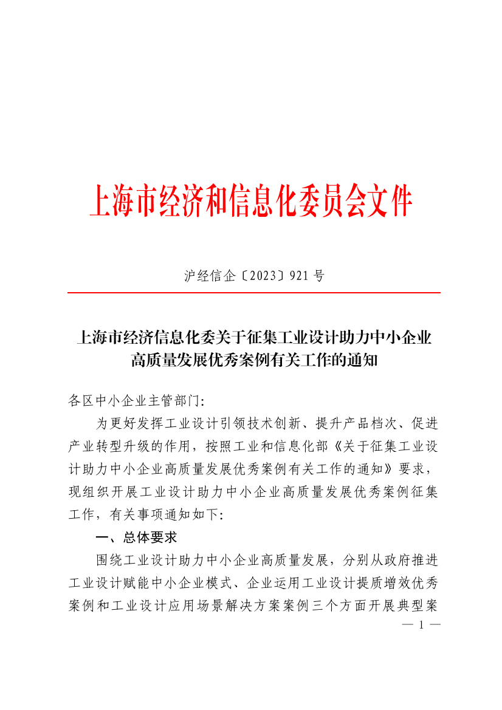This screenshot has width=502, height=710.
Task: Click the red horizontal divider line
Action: click(x=253, y=293)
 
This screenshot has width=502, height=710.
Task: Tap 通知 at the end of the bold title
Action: click(x=366, y=361)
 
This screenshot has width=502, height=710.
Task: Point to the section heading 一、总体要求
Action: click(x=136, y=538)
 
